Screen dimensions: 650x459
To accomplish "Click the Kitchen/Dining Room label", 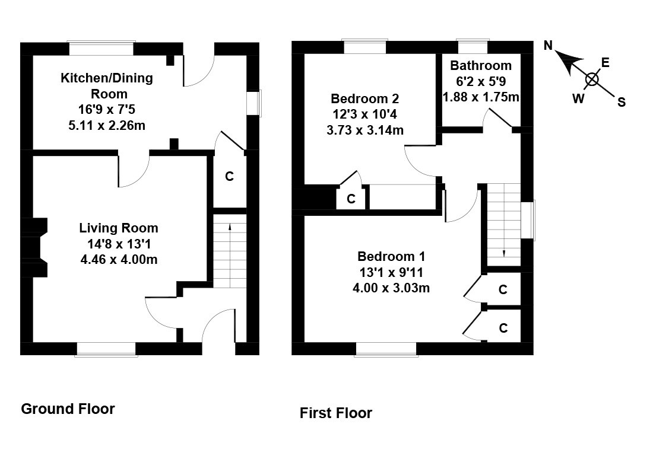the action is point(107,85).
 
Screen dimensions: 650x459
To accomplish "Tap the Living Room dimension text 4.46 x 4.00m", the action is point(119,259).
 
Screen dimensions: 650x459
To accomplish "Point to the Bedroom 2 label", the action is point(365,98).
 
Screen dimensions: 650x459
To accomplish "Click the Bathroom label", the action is point(480,65).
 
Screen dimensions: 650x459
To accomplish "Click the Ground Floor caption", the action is point(68,409).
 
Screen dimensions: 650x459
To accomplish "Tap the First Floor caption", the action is point(335,413).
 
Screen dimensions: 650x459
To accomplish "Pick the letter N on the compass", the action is point(548,46).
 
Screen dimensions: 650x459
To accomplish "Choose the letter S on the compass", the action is point(621,102).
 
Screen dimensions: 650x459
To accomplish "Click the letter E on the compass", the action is point(605,62).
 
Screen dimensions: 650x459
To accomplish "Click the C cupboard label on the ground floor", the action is point(229,176).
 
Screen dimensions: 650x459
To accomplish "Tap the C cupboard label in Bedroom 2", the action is point(351,199).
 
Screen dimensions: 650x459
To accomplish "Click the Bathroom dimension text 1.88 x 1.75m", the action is point(481,97).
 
